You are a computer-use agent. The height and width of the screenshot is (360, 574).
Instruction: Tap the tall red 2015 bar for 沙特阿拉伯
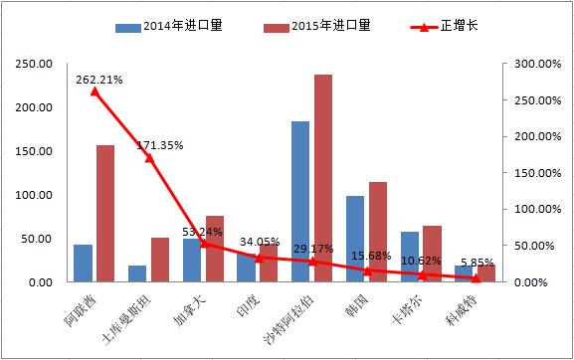point(322,179)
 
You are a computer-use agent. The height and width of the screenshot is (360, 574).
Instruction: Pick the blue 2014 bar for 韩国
point(355,239)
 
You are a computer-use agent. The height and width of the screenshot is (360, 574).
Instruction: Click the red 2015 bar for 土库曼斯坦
point(159,260)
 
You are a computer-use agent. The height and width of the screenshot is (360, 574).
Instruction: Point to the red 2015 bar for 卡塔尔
point(431,254)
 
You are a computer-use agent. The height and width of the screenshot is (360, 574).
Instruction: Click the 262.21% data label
point(96,80)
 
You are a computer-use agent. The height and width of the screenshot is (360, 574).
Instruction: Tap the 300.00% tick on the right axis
point(533,64)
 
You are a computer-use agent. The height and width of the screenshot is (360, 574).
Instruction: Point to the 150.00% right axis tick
point(533,173)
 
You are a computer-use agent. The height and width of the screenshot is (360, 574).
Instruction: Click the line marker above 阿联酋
point(95,91)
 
